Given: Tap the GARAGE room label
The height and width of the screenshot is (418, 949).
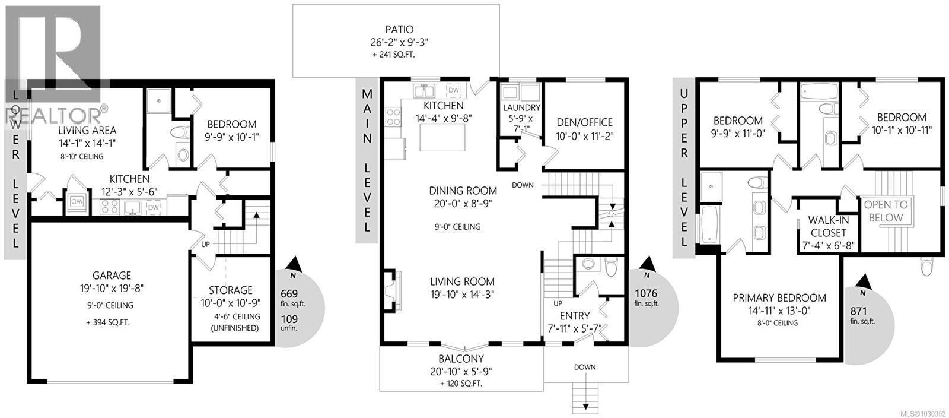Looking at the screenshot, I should (112, 275).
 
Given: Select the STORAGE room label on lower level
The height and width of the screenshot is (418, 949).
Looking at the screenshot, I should (230, 290).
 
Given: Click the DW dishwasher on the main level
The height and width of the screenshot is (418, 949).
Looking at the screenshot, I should (454, 90).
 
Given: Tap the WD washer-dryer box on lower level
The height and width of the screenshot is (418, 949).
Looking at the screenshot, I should (77, 202).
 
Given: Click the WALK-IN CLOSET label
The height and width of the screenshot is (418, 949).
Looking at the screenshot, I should (827, 226).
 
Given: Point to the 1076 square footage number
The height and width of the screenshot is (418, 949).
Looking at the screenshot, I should (647, 293).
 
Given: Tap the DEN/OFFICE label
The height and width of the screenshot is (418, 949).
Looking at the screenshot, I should (584, 122).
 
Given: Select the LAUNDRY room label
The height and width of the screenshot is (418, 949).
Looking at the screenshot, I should (521, 107).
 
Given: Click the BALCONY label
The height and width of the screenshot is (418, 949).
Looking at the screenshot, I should (461, 359).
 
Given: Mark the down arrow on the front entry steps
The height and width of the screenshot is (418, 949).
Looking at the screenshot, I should (585, 407).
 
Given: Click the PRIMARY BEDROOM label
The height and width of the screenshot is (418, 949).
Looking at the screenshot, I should (779, 297).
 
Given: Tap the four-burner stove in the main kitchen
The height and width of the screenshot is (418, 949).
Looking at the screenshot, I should (393, 116).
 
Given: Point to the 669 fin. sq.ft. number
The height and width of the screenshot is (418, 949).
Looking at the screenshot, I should (289, 294).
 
